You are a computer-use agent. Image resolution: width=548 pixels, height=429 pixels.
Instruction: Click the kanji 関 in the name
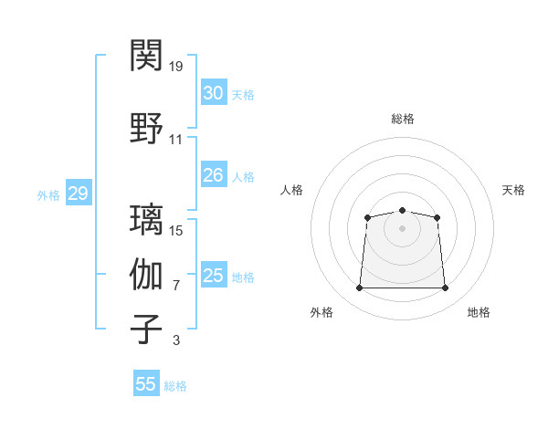pos(146,55)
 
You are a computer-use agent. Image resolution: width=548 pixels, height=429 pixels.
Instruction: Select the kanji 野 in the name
pos(146,128)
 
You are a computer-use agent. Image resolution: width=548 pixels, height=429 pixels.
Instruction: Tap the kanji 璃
pos(146,219)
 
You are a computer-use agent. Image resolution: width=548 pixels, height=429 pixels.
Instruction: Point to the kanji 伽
pos(146,274)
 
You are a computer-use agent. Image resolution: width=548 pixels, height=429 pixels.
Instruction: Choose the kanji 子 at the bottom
pos(146,329)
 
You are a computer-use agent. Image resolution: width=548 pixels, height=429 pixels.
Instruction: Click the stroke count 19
pos(175,67)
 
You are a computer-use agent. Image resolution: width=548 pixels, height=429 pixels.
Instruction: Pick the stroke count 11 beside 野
pos(175,140)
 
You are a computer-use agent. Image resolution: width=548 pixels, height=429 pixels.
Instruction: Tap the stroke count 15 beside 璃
pos(175,231)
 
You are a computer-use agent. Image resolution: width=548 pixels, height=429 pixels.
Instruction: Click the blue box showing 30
pos(214,92)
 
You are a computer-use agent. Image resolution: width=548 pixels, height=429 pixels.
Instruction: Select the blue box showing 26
pos(214,174)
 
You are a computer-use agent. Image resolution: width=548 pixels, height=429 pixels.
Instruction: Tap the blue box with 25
pos(214,274)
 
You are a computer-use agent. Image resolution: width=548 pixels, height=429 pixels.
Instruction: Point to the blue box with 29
pos(79,193)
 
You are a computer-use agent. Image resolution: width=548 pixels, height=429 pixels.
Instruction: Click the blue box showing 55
pos(146,382)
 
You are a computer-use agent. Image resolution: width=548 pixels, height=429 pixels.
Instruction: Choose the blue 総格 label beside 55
pos(175,386)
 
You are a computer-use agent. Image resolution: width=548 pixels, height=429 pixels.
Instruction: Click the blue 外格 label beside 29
pos(48,195)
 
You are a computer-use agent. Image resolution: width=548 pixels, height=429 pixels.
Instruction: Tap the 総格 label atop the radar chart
pos(403,119)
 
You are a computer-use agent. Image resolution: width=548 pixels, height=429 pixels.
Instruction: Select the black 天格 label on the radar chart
pos(513,190)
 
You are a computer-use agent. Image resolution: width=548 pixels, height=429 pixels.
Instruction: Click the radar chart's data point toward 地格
pos(445,288)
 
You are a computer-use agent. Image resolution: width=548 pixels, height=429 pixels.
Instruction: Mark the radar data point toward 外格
pos(359,288)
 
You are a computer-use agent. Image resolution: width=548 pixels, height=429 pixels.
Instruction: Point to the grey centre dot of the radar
pos(402,228)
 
